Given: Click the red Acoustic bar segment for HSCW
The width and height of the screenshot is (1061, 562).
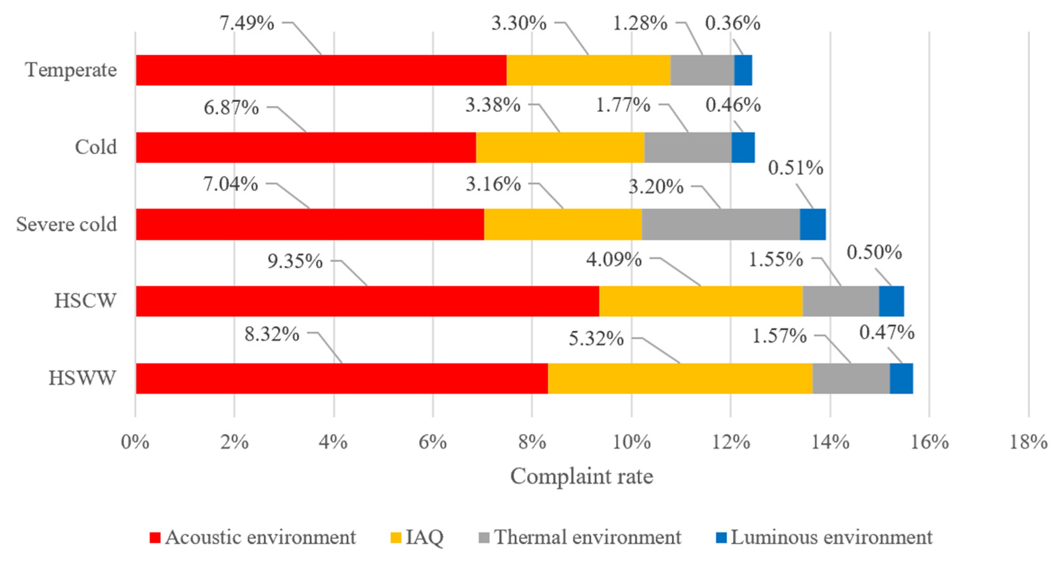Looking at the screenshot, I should pyautogui.click(x=367, y=301).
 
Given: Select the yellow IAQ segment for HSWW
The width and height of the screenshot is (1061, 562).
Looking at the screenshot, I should pyautogui.click(x=680, y=378).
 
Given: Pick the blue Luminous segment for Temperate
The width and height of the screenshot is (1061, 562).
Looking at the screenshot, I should pyautogui.click(x=743, y=70).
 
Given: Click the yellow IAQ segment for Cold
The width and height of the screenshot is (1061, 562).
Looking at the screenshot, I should pyautogui.click(x=560, y=147).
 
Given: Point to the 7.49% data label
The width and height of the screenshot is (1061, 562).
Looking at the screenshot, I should pyautogui.click(x=246, y=23).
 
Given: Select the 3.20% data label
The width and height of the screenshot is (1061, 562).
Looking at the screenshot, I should pyautogui.click(x=656, y=187).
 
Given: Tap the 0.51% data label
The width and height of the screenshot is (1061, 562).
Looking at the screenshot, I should pyautogui.click(x=795, y=168).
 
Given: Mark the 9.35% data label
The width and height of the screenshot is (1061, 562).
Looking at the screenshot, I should pyautogui.click(x=295, y=261).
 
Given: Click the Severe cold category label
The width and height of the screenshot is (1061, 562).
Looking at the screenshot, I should pyautogui.click(x=66, y=224).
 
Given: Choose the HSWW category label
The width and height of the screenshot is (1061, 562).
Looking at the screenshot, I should pyautogui.click(x=83, y=378).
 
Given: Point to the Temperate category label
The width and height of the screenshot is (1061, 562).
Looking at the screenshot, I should pyautogui.click(x=71, y=70).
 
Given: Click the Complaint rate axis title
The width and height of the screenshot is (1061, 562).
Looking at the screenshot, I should pyautogui.click(x=582, y=476).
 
